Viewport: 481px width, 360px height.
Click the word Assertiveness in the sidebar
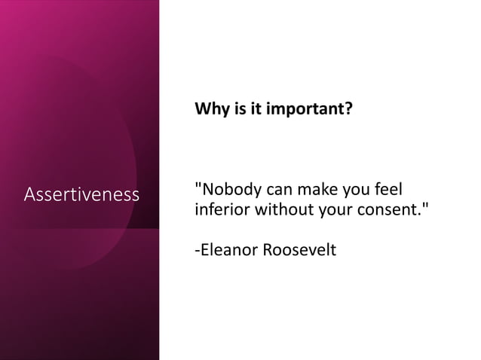81,195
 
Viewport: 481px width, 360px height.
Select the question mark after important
348,110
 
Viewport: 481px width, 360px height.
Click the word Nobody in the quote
229,188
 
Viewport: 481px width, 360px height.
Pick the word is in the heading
235,110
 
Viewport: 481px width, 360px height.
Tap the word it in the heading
252,110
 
